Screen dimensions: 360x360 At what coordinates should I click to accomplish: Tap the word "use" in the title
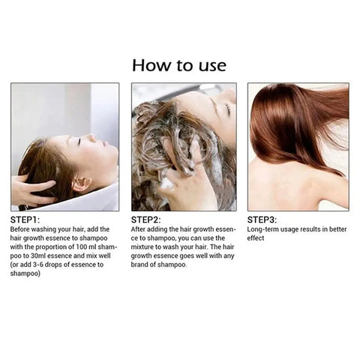click(x=211, y=65)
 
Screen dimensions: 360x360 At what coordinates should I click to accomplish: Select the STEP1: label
click(x=27, y=220)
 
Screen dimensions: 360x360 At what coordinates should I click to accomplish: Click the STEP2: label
click(x=148, y=220)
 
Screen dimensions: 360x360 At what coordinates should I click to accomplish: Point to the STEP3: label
click(x=262, y=220)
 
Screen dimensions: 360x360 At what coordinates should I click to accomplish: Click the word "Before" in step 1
click(x=22, y=229)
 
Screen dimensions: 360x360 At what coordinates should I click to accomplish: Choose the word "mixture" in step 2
click(x=148, y=247)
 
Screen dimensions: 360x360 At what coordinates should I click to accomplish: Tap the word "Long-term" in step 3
click(x=264, y=229)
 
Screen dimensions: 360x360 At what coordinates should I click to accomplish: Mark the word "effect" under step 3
click(x=256, y=238)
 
